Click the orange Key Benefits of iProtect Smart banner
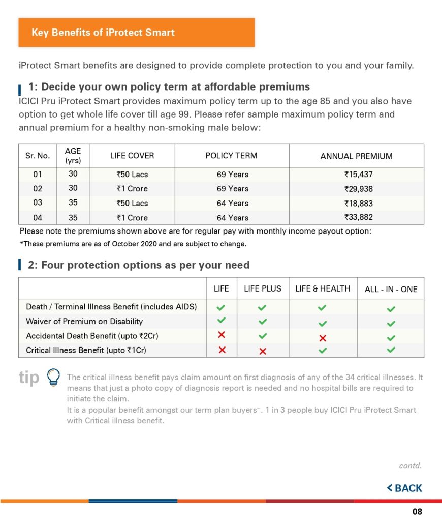pos(136,33)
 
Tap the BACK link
pos(404,488)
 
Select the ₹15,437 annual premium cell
pos(358,175)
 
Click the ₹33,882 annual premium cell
pos(358,218)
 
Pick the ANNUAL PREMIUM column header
pos(356,156)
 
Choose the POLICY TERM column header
pos(232,156)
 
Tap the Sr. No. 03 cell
pos(38,203)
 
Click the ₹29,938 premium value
pos(358,189)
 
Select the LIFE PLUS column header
pos(262,288)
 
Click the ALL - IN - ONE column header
pos(391,289)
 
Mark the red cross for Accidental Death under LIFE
pos(221,335)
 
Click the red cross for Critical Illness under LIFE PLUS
pos(262,351)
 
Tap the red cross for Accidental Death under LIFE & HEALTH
pos(322,338)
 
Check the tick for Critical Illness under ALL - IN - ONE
pos(391,350)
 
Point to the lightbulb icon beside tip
pos(52,377)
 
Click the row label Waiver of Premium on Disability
pos(84,321)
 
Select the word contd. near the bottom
pos(410,466)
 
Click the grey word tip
pos(29,378)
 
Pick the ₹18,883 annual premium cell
pos(358,203)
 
